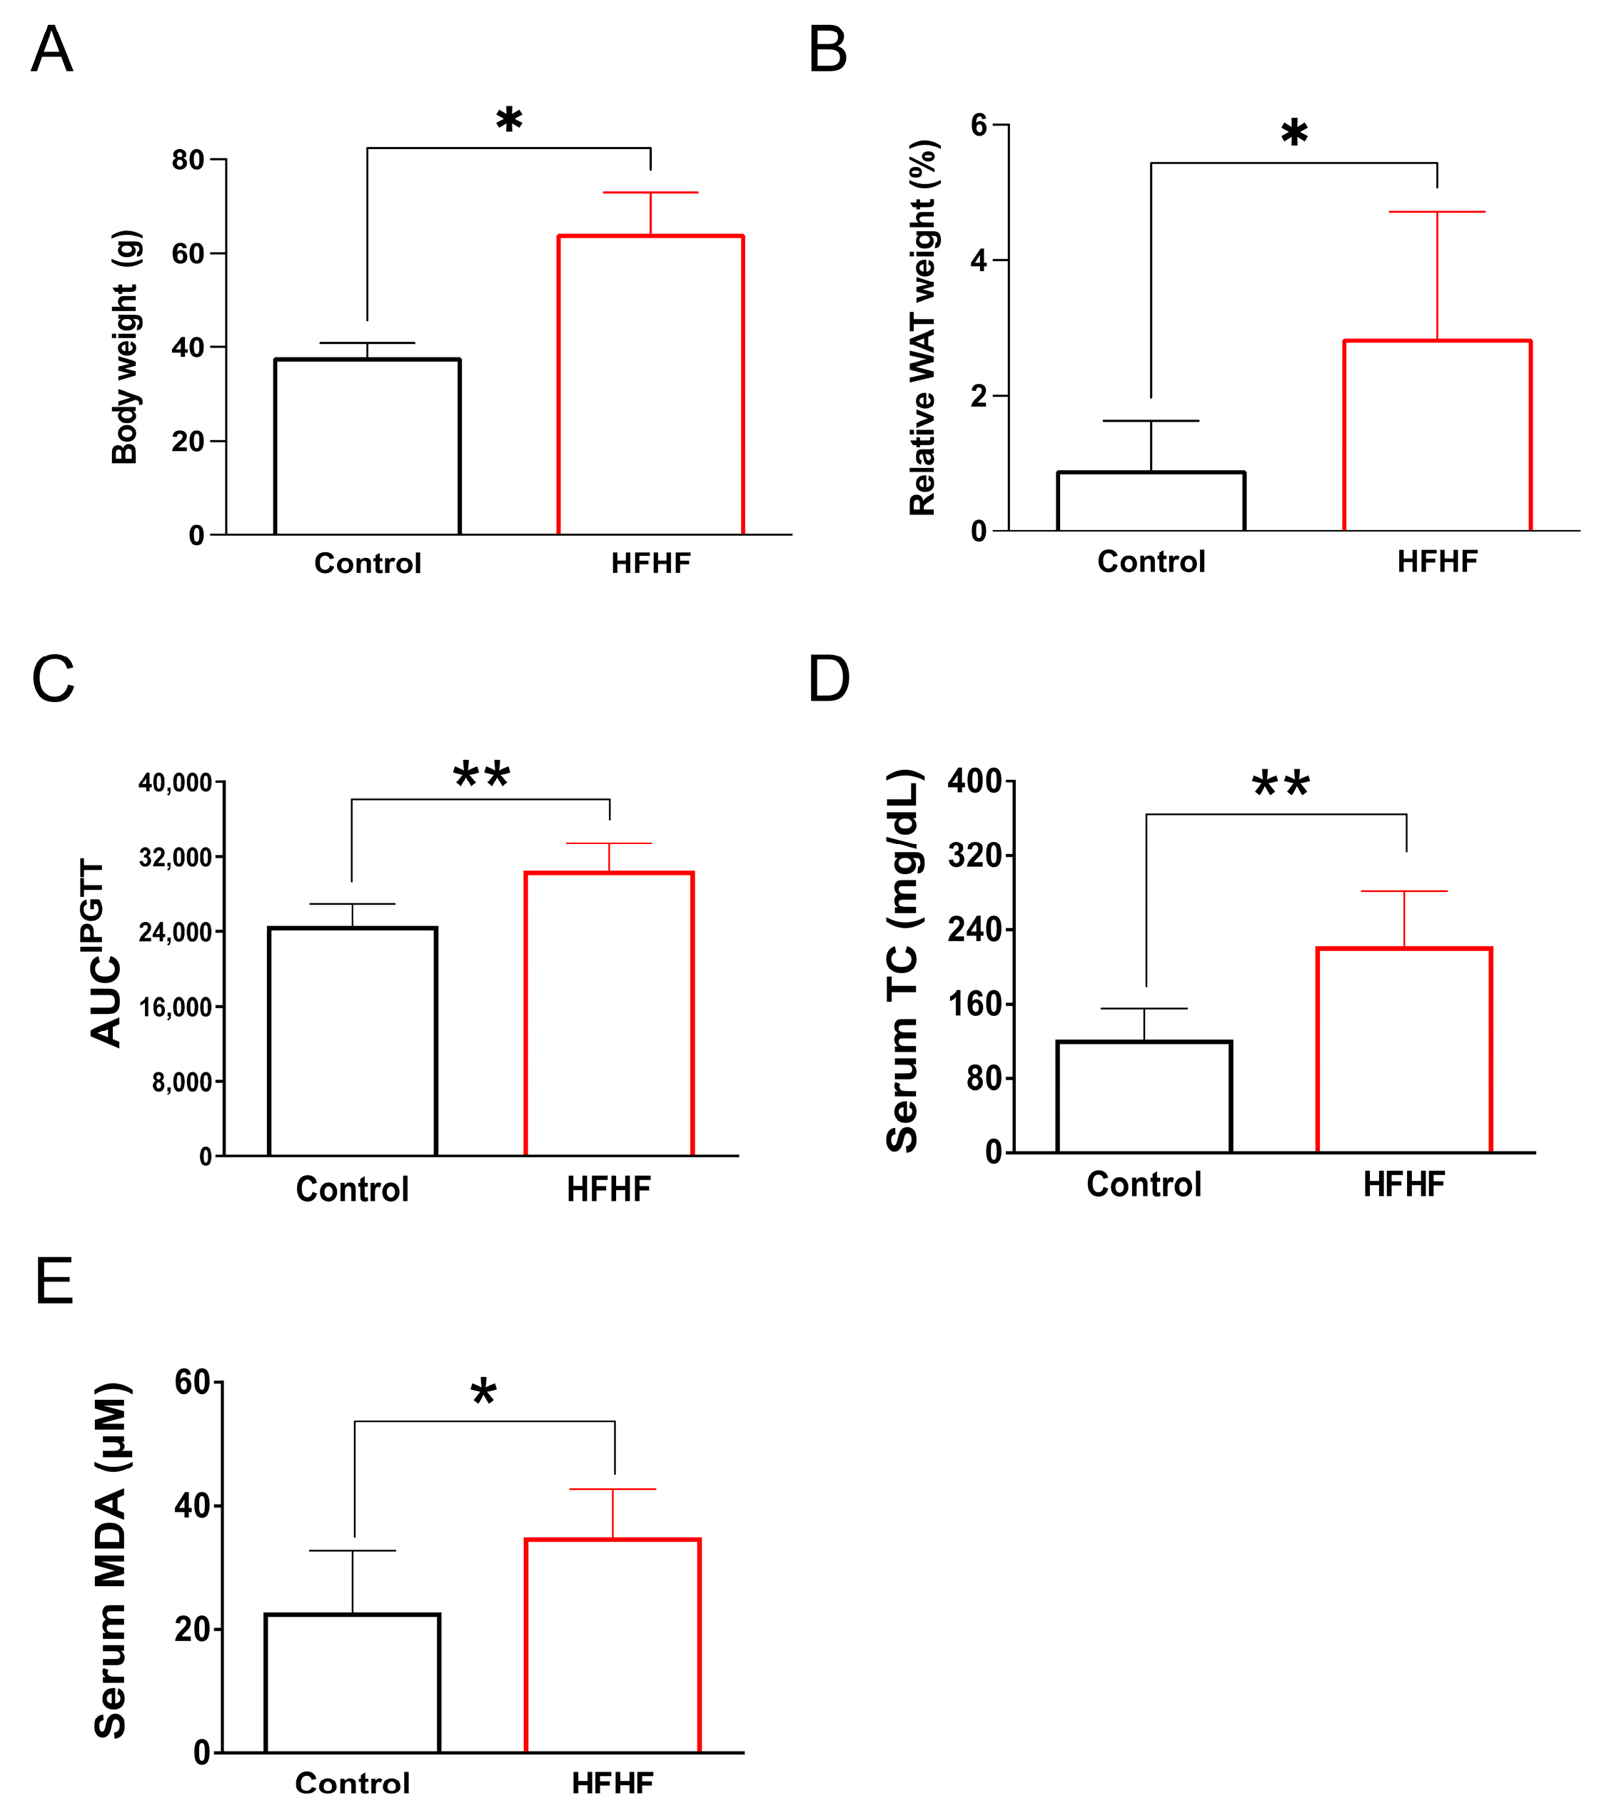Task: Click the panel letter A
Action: [x=51, y=50]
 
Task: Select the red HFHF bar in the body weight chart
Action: [x=650, y=385]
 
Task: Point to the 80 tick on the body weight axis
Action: [x=188, y=161]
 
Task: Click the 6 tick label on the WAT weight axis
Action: [x=979, y=125]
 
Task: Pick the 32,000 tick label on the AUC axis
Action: [x=176, y=858]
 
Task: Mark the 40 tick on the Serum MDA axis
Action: [x=193, y=1506]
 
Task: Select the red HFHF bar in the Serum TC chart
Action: [x=1404, y=1050]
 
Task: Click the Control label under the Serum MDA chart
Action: [x=352, y=1783]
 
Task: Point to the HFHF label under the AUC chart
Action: [x=609, y=1189]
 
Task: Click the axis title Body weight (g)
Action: [x=125, y=347]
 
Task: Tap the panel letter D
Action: [x=829, y=679]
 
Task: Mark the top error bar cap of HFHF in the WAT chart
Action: [x=1436, y=212]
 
